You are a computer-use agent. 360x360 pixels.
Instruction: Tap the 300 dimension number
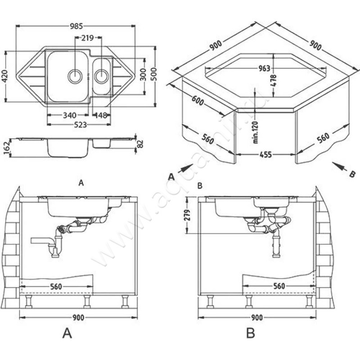coord(143,76)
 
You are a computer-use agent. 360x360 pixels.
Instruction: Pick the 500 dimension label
coord(154,75)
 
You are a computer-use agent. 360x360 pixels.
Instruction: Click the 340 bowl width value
coord(69,116)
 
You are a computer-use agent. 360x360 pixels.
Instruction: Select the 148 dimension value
coord(101,116)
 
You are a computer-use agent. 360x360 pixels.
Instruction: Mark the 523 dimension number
coord(80,126)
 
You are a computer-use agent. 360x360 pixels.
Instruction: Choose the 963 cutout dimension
coord(264,68)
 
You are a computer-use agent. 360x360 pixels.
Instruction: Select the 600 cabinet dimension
coord(198,100)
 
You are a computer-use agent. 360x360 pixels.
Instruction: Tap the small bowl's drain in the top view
coord(102,75)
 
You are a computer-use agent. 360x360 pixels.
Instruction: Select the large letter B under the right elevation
coord(251,333)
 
